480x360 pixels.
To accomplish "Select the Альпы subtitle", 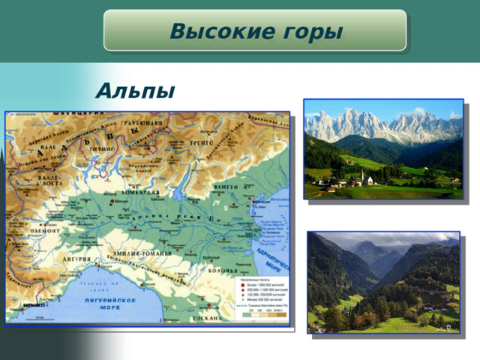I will tap(135, 91).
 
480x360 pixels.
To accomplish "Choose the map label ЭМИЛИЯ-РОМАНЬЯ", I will tap(142, 253).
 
